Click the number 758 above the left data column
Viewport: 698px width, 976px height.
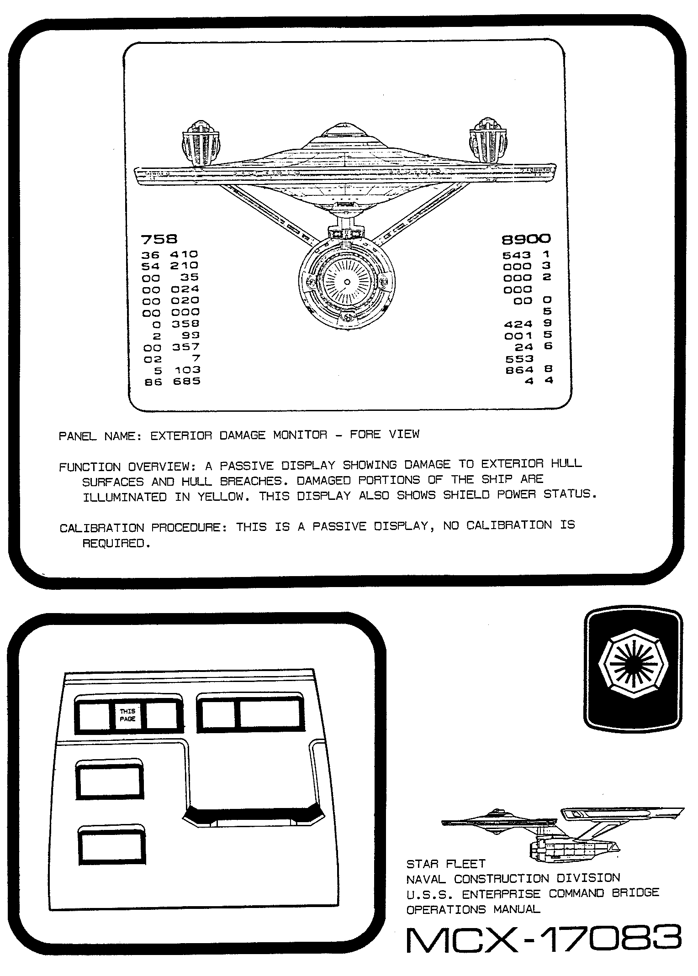point(159,239)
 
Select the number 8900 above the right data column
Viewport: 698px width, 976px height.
point(526,239)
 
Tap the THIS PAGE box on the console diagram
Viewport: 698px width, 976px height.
point(127,715)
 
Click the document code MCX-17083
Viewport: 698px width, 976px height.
point(544,939)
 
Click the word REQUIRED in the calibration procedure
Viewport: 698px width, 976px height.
point(116,543)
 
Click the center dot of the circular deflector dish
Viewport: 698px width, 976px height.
point(347,282)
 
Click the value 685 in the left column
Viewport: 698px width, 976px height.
point(186,381)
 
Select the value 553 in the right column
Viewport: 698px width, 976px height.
point(519,359)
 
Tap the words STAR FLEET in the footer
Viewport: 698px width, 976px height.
point(446,864)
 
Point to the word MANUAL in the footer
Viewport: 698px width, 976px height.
point(517,909)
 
